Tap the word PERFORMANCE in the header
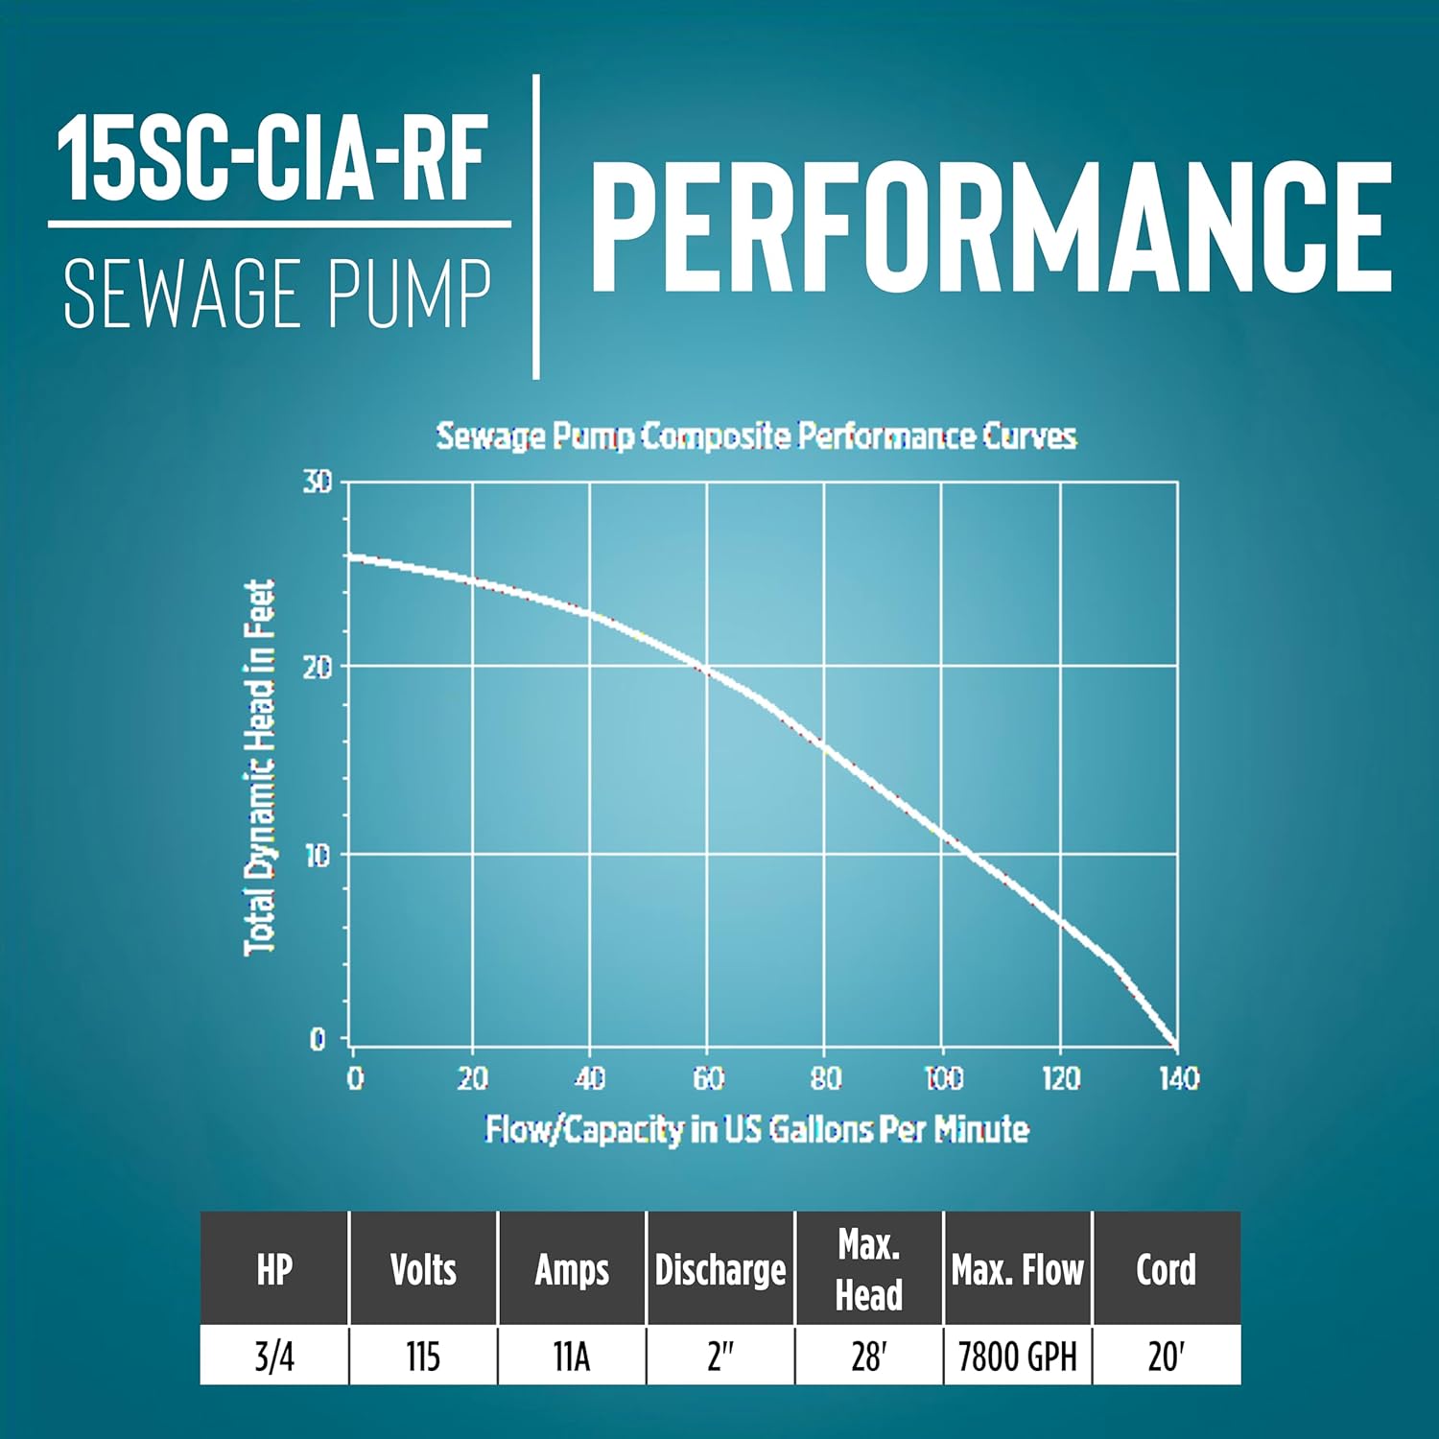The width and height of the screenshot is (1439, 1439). (x=990, y=226)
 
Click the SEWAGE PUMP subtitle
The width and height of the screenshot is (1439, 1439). (x=277, y=295)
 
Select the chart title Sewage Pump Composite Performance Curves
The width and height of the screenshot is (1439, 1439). (x=756, y=436)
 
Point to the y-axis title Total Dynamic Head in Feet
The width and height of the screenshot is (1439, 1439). (x=260, y=767)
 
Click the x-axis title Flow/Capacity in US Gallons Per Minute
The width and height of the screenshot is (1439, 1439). (x=757, y=1129)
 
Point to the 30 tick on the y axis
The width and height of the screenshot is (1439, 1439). (x=318, y=482)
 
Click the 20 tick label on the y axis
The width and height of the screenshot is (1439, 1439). (x=318, y=667)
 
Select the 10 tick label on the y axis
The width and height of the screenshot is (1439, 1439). (x=318, y=855)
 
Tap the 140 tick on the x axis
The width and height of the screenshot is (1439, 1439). (x=1179, y=1079)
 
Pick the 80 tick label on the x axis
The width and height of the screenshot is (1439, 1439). (x=825, y=1079)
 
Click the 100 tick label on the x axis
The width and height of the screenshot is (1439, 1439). (x=944, y=1079)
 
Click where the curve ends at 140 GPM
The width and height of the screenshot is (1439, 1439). (x=1175, y=1045)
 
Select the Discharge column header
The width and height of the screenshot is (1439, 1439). (x=720, y=1270)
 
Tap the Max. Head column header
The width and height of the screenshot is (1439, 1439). (x=869, y=1269)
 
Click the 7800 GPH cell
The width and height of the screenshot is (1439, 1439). (x=1018, y=1356)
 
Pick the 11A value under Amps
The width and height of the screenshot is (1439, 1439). (x=572, y=1356)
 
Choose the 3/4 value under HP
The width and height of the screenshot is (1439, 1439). (x=274, y=1356)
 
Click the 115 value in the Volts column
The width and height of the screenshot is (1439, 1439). (x=423, y=1356)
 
